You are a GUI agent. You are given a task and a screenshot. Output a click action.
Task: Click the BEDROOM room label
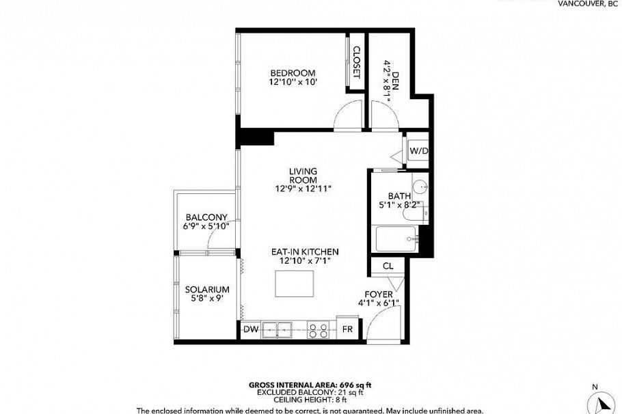pyautogui.click(x=293, y=73)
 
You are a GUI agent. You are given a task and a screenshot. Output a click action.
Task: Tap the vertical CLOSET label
pyautogui.click(x=355, y=61)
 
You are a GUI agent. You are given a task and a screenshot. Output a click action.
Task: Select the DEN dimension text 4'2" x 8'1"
pyautogui.click(x=387, y=81)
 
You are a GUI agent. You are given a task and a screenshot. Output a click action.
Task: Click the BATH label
pyautogui.click(x=399, y=195)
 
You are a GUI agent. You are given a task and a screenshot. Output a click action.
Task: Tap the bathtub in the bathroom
pyautogui.click(x=396, y=240)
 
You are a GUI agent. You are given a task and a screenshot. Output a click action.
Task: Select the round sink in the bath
pyautogui.click(x=422, y=186)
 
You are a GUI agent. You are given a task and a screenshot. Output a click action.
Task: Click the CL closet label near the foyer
pyautogui.click(x=388, y=266)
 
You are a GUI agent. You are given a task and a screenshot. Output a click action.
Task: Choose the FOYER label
pyautogui.click(x=378, y=294)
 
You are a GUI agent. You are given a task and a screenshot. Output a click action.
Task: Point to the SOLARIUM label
pyautogui.click(x=206, y=289)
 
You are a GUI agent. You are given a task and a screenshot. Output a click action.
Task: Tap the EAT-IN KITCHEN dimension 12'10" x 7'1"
pyautogui.click(x=304, y=261)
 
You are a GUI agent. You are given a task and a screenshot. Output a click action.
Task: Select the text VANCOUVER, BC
pyautogui.click(x=587, y=3)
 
